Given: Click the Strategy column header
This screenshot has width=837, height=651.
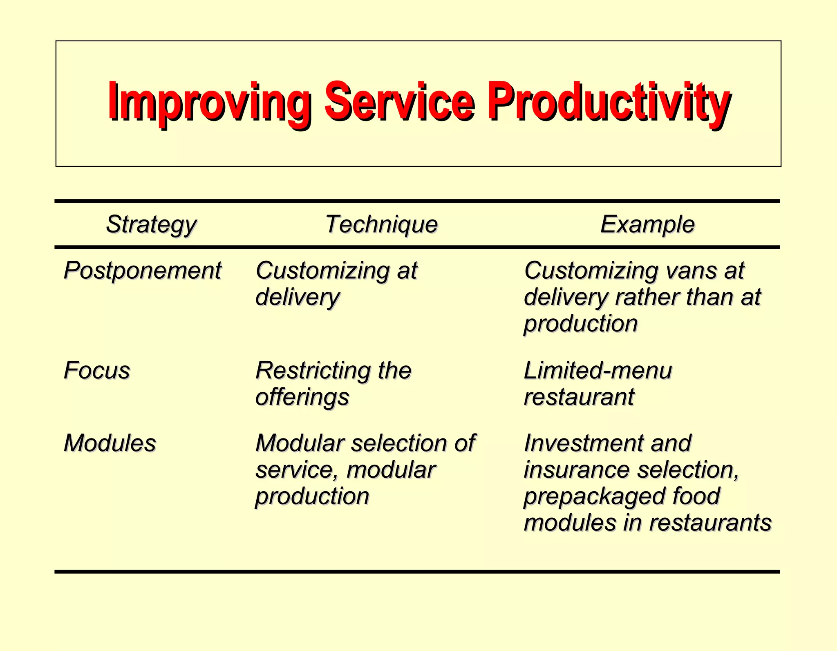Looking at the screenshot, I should coord(151,225).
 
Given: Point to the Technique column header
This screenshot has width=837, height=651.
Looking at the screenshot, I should coord(381,224).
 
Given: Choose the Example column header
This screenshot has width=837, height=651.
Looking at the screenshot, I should coord(647,224).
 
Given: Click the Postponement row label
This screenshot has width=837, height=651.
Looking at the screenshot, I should coord(143,271).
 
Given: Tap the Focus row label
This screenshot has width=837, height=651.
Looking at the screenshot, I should coord(97,371).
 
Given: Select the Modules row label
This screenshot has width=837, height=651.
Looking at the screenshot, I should coord(110,443).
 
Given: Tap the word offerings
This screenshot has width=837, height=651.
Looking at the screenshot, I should coord(302,397).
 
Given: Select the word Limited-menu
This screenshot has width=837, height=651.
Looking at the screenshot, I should coord(598,371).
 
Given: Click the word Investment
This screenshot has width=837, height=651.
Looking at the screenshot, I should coord(580,443).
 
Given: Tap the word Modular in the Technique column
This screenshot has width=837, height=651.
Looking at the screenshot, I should coord(300,443).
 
